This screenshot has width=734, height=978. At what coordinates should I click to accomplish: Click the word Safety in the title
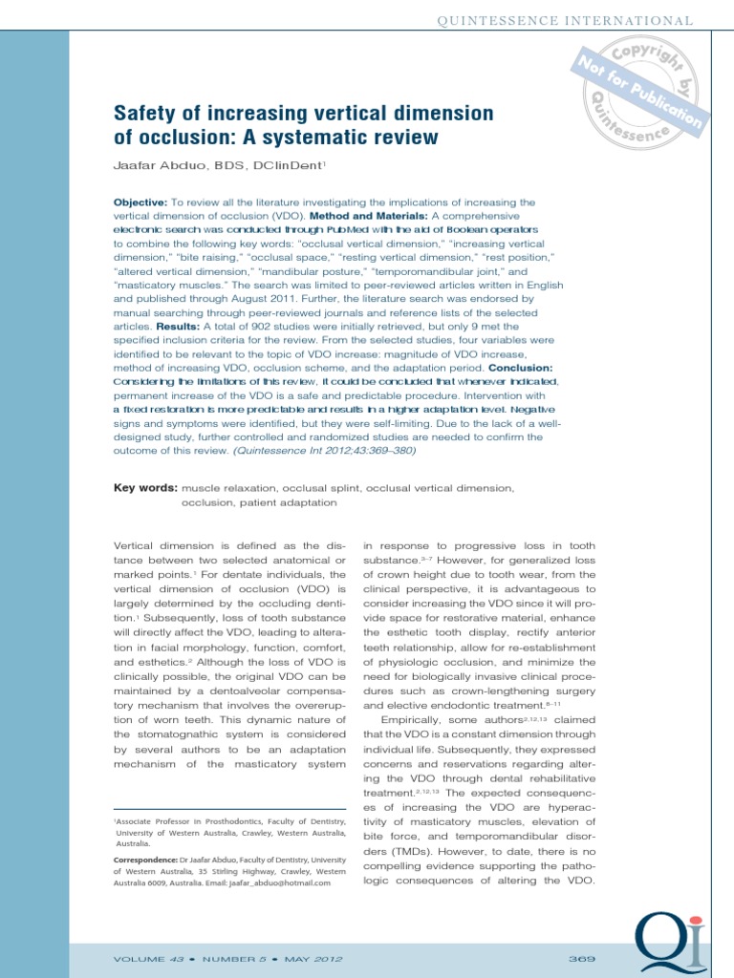point(143,115)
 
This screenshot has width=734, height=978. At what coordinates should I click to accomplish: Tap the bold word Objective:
point(140,202)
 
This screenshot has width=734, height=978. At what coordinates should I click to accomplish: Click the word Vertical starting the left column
point(136,547)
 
